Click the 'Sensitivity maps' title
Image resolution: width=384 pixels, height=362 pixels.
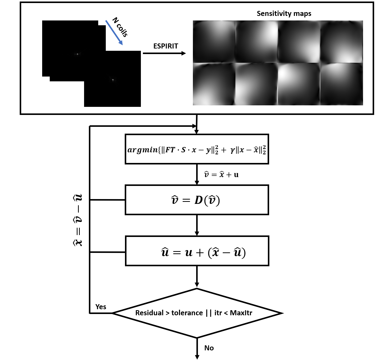284,14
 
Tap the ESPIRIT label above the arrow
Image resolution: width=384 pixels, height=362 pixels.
166,46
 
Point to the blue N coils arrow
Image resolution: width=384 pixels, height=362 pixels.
114,33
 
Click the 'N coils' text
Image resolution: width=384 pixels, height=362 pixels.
120,27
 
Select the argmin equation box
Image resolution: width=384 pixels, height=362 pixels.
197,149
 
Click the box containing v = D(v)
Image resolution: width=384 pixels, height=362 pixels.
197,200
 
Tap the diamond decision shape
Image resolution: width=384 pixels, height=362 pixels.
197,313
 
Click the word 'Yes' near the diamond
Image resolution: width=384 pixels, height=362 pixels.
101,307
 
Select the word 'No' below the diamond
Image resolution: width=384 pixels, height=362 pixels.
209,348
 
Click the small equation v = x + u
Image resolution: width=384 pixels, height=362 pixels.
221,175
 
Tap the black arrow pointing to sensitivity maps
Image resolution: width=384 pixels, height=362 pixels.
164,53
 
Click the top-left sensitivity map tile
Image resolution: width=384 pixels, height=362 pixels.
214,41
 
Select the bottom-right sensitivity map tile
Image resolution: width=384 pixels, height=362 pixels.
342,84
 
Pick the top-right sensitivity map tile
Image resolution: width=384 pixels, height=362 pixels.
342,41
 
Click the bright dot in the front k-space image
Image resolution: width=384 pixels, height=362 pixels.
113,80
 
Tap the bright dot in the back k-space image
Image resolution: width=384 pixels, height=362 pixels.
77,54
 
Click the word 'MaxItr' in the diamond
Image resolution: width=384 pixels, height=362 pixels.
241,313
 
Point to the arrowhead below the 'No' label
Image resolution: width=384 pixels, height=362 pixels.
197,357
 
